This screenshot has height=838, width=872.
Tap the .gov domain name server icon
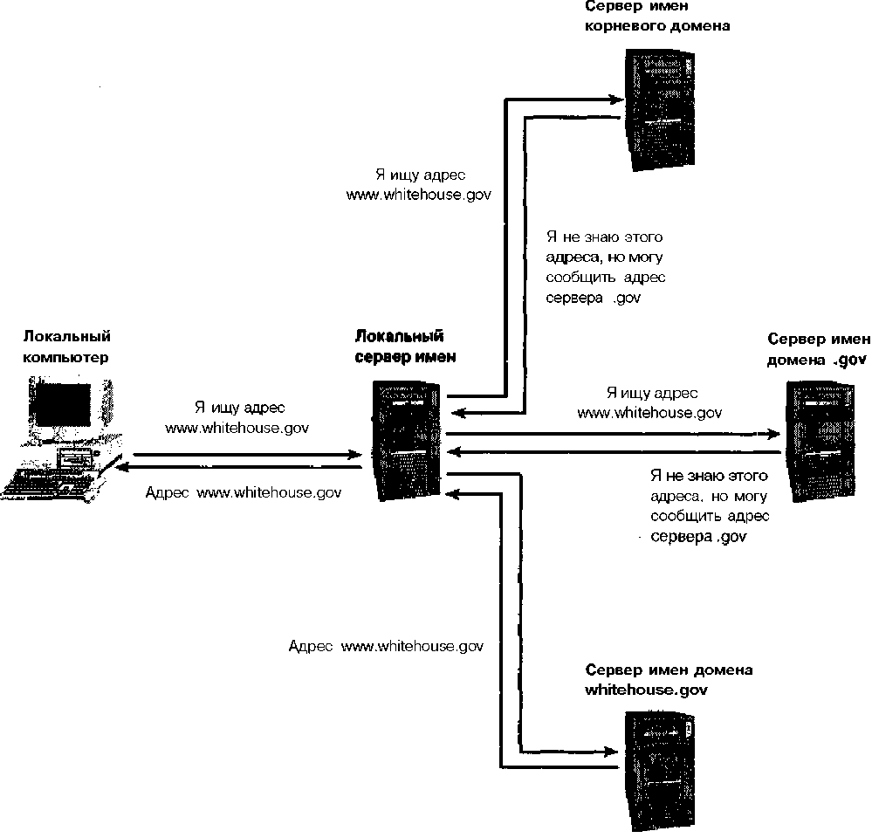tap(826, 440)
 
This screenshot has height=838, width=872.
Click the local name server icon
tap(409, 440)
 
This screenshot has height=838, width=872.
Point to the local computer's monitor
tap(63, 406)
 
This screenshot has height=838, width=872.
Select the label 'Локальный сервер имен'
tap(399, 347)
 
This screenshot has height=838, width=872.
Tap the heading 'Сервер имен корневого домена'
tap(657, 15)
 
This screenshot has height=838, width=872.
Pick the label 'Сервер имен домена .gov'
tap(817, 348)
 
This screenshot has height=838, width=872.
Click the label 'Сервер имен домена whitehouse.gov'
tap(669, 679)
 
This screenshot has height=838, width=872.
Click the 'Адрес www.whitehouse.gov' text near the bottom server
tap(386, 647)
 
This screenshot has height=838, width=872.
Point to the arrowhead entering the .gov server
tap(773, 433)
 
